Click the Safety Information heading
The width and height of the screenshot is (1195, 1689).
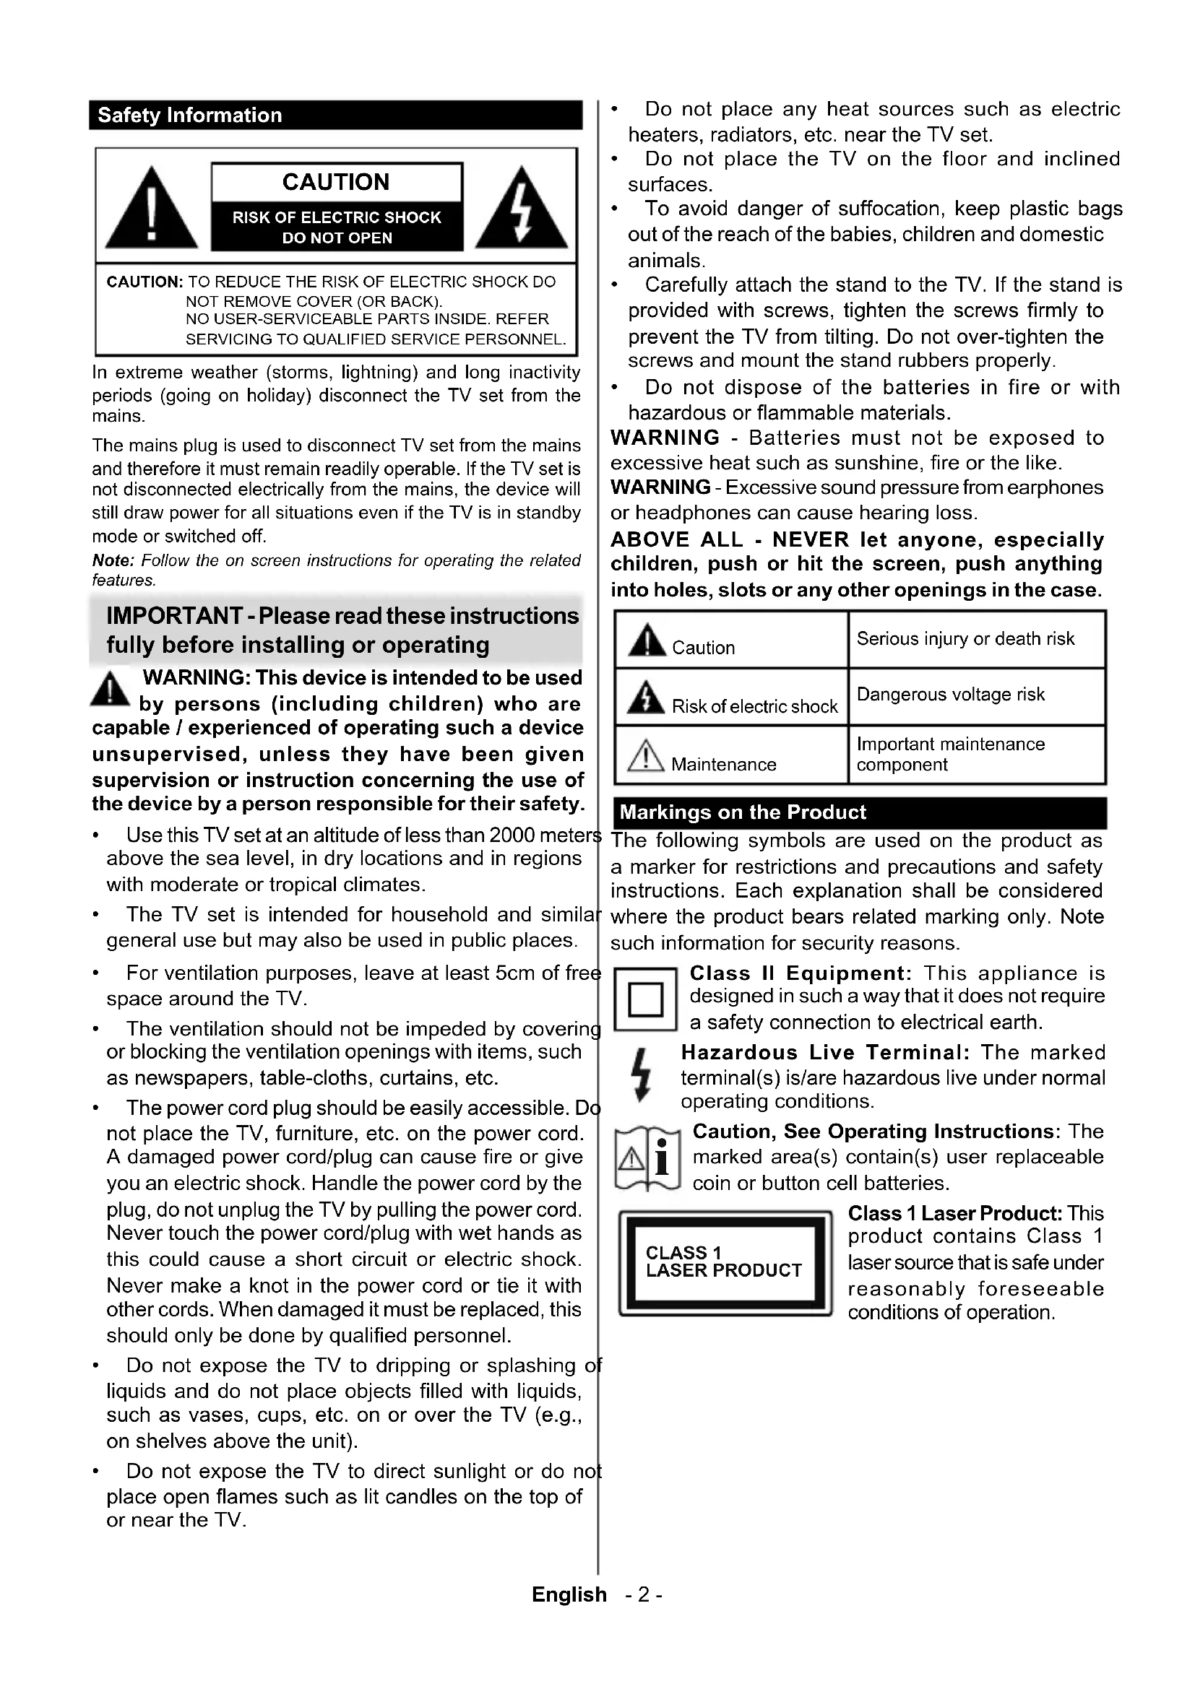click(190, 116)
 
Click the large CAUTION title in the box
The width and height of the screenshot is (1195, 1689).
click(336, 182)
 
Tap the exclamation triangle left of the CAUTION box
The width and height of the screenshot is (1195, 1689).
click(151, 209)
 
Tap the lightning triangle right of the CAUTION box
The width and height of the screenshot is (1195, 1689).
click(521, 209)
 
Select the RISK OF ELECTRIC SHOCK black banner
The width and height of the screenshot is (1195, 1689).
click(337, 227)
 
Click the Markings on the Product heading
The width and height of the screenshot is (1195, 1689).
click(743, 812)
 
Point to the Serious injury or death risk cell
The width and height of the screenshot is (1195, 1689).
click(965, 638)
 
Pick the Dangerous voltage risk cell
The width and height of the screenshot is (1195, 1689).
click(951, 695)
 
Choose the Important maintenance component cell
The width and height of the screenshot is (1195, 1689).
click(951, 754)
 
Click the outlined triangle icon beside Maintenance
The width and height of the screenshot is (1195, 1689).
click(644, 757)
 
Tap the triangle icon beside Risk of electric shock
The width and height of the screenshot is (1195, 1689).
click(645, 698)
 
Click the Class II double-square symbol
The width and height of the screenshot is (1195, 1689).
click(645, 999)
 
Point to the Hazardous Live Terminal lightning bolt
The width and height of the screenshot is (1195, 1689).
click(642, 1075)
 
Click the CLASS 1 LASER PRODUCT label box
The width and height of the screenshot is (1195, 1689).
click(725, 1262)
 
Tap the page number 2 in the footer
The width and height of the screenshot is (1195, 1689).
click(644, 1594)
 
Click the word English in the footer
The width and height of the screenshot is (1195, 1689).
click(569, 1594)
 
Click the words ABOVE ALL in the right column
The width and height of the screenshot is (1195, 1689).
click(677, 539)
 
